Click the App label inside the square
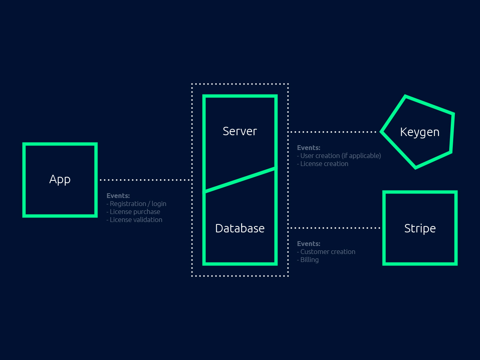pyautogui.click(x=60, y=180)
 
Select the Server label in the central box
pyautogui.click(x=240, y=131)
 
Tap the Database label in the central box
pyautogui.click(x=240, y=228)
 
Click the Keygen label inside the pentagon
pyautogui.click(x=420, y=132)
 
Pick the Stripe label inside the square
pyautogui.click(x=420, y=228)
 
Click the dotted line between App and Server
pyautogui.click(x=146, y=180)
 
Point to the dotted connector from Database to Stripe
pyautogui.click(x=334, y=228)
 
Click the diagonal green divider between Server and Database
pyautogui.click(x=240, y=180)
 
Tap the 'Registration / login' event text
pyautogui.click(x=138, y=204)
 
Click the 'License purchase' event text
pyautogui.click(x=135, y=212)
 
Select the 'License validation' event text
pyautogui.click(x=136, y=220)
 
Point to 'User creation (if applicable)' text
pyautogui.click(x=340, y=156)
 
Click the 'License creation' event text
pyautogui.click(x=324, y=164)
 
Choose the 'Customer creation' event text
pyautogui.click(x=328, y=252)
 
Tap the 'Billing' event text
pyautogui.click(x=309, y=260)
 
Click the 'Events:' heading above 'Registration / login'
pyautogui.click(x=118, y=196)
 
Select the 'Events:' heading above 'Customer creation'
pyautogui.click(x=308, y=244)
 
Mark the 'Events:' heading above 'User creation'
pyautogui.click(x=308, y=148)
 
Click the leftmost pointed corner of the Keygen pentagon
pyautogui.click(x=382, y=132)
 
